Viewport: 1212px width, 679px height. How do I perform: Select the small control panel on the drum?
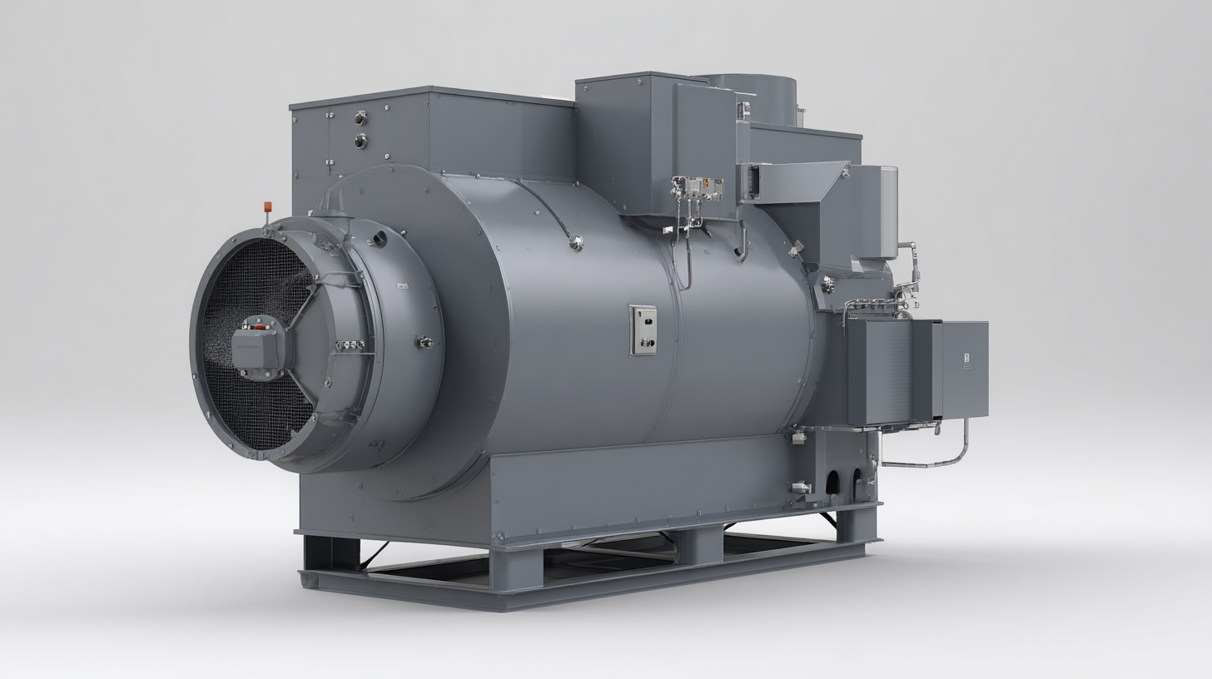[643, 330]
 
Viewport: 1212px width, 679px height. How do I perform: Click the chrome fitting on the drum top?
[574, 243]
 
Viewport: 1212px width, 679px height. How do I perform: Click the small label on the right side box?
[966, 360]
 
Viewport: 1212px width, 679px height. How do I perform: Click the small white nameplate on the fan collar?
[402, 286]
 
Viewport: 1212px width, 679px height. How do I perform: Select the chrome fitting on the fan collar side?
[425, 341]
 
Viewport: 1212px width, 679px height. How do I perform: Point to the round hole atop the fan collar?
[380, 240]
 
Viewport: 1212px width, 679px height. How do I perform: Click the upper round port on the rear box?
[360, 118]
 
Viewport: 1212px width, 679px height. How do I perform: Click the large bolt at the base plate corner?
[499, 538]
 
